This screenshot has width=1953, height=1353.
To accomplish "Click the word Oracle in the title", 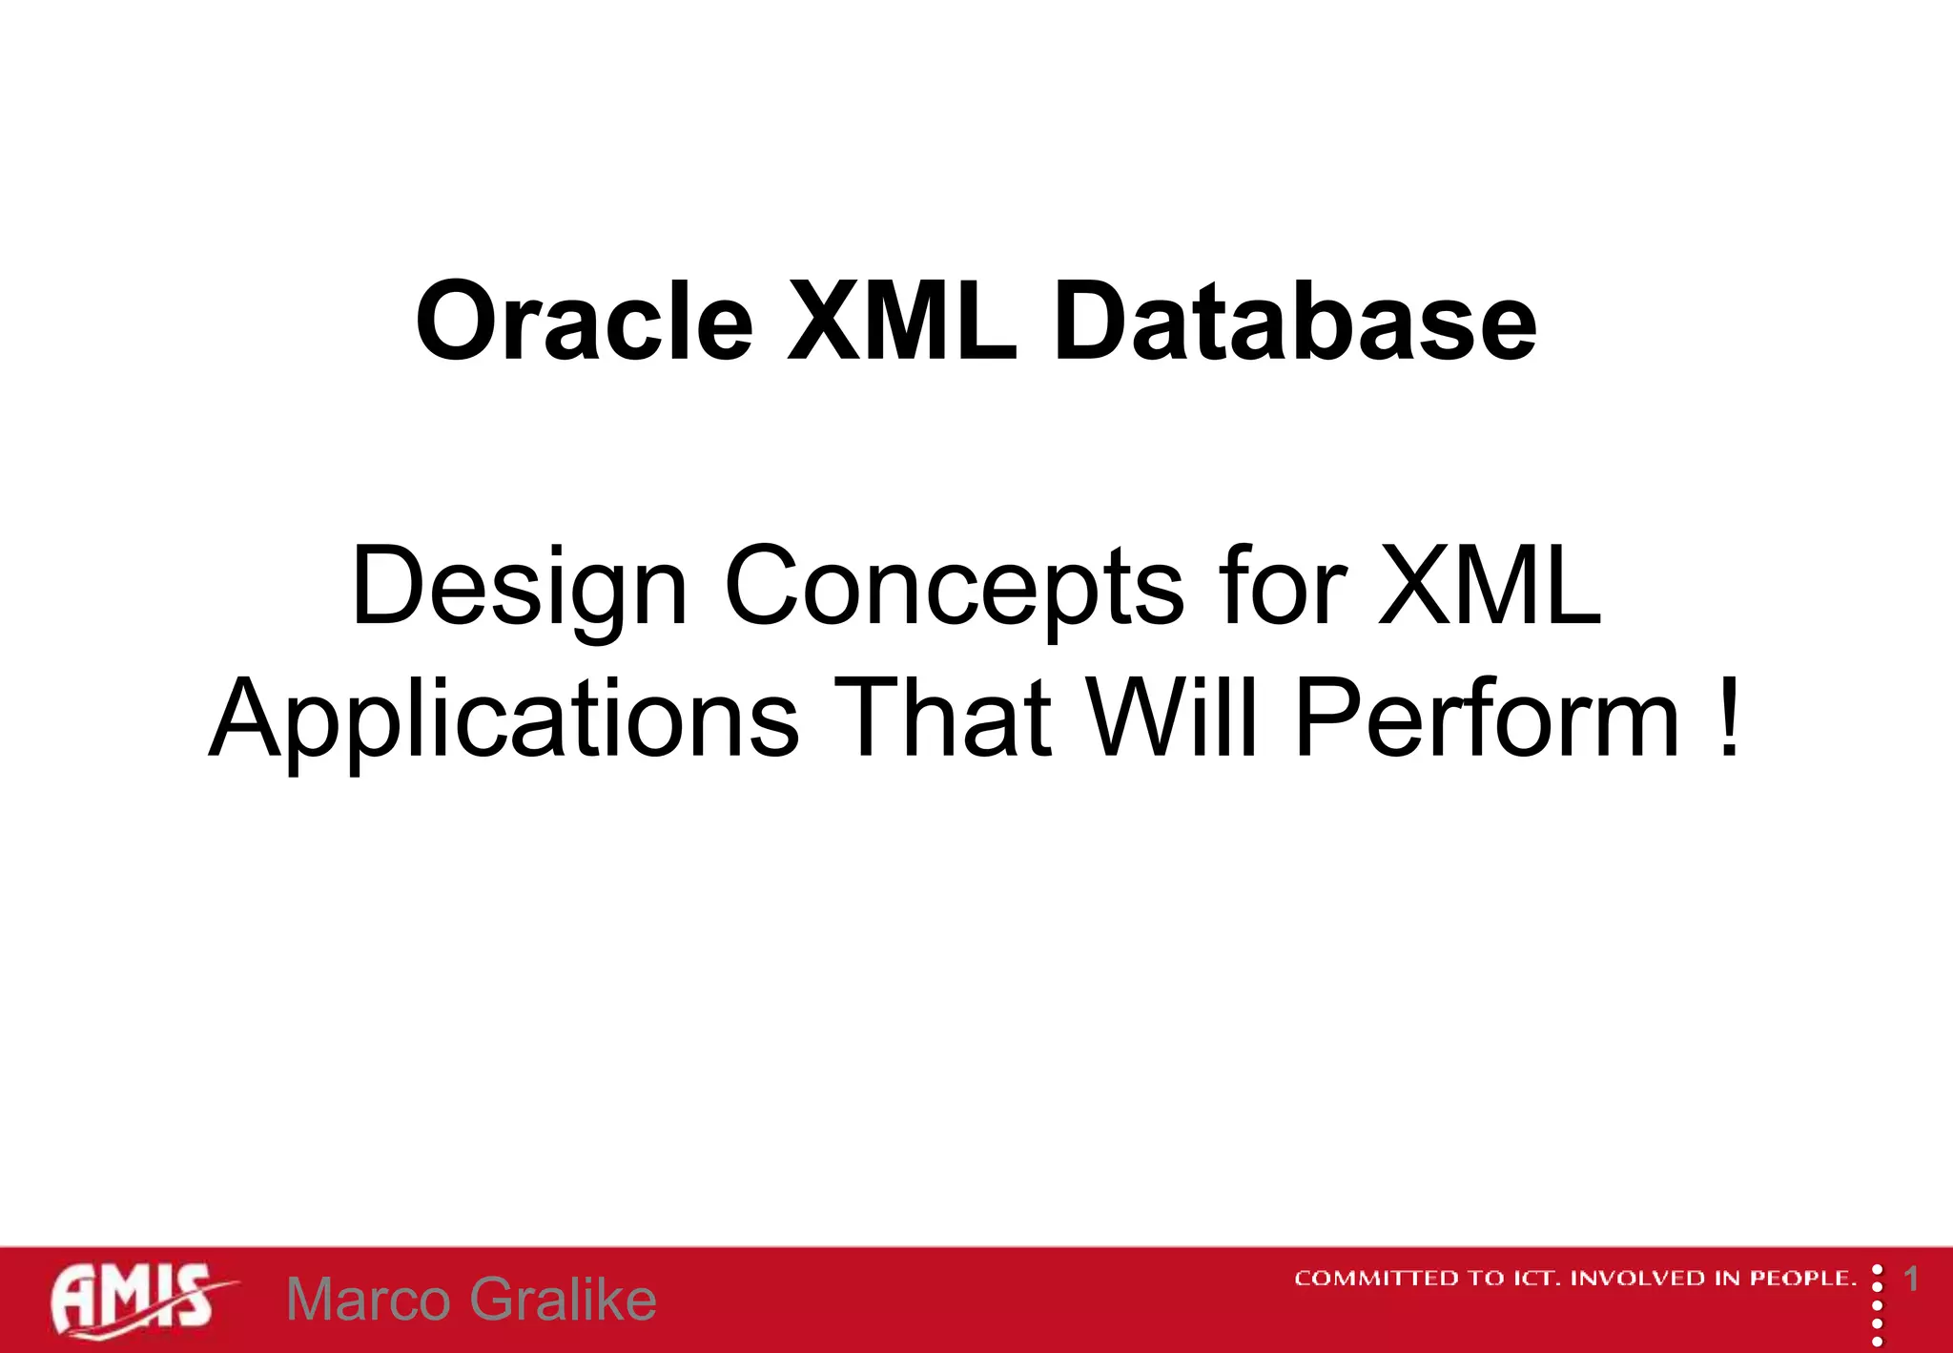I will (x=585, y=322).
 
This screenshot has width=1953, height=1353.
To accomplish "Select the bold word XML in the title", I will (x=901, y=322).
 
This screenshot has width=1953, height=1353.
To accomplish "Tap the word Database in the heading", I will (x=1294, y=322).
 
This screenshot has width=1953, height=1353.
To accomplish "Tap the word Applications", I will (x=504, y=720).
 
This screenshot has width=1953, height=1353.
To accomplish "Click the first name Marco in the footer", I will (x=368, y=1300).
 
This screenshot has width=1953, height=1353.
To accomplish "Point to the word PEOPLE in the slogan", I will (x=1802, y=1279).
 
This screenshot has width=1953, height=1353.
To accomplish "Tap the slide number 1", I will (x=1911, y=1279).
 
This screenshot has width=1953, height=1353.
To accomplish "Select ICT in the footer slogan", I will (x=1534, y=1279).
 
